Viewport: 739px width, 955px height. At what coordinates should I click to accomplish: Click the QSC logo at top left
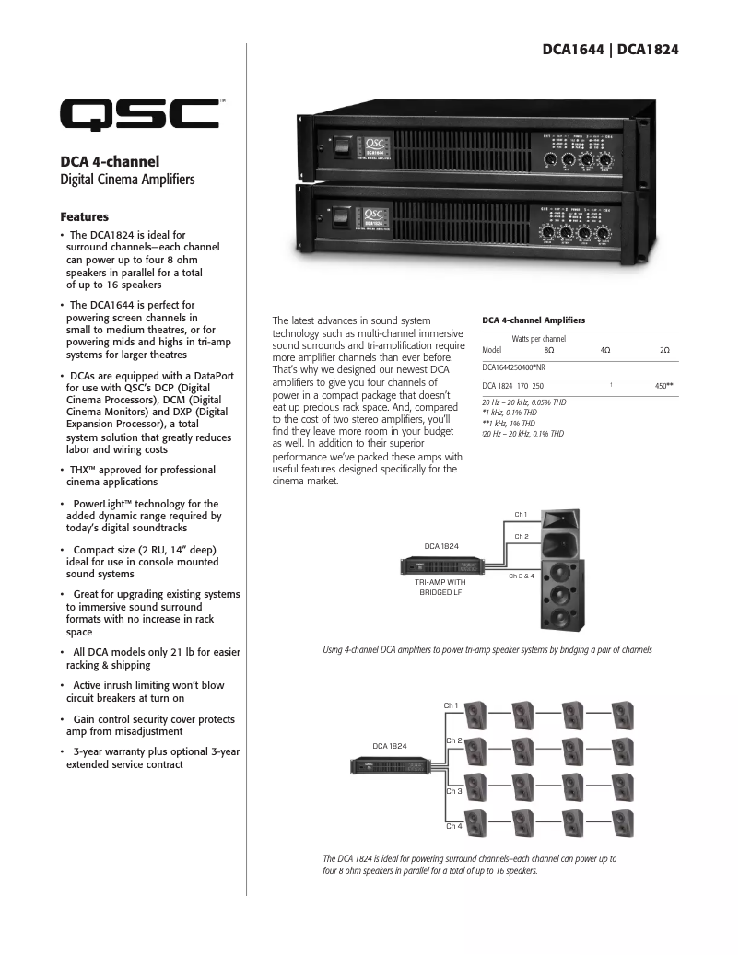140,115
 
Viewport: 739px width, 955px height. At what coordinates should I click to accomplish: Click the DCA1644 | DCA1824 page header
610,50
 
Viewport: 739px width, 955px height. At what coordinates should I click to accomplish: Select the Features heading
84,217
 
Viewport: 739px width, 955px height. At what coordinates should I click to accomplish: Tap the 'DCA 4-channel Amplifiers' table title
534,320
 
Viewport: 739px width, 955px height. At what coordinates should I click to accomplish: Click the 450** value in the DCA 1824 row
663,387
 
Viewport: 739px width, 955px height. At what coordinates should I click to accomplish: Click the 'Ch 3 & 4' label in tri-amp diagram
522,576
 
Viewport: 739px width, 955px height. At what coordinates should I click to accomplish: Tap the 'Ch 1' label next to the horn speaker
521,515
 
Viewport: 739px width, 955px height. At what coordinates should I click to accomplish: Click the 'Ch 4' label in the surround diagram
453,826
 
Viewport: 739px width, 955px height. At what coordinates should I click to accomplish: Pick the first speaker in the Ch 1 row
477,713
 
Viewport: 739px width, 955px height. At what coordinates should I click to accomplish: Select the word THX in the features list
82,470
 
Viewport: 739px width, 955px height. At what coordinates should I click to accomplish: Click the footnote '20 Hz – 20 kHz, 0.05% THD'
524,402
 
